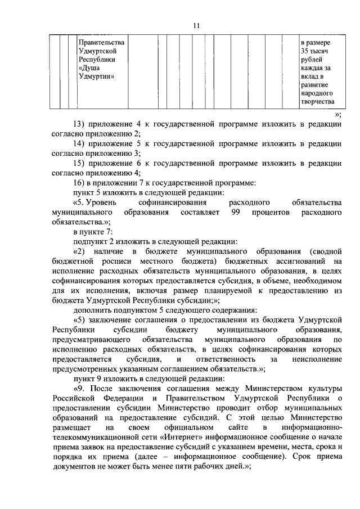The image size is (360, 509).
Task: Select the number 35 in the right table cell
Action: pos(305,51)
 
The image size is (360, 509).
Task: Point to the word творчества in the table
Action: pos(317,101)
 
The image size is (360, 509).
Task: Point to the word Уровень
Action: pos(103,202)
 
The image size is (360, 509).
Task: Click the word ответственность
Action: pos(224,358)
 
